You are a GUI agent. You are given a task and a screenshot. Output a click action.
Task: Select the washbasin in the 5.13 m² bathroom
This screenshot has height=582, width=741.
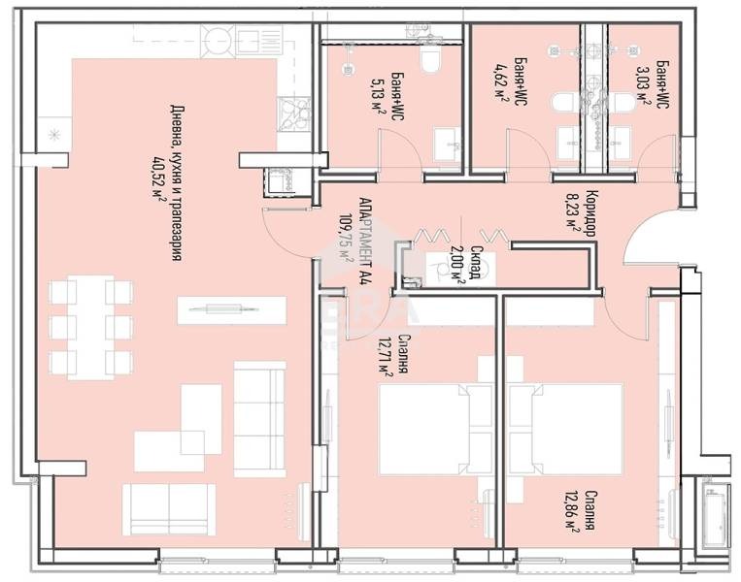[448, 144]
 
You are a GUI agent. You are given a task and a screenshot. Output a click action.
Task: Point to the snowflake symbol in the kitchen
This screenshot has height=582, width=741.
[54, 132]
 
